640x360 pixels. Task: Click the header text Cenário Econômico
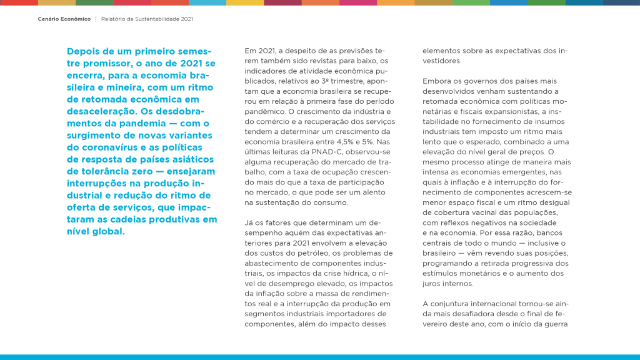coord(64,19)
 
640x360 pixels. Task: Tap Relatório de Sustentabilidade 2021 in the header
coord(147,19)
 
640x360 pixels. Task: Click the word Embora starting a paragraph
coord(436,81)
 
